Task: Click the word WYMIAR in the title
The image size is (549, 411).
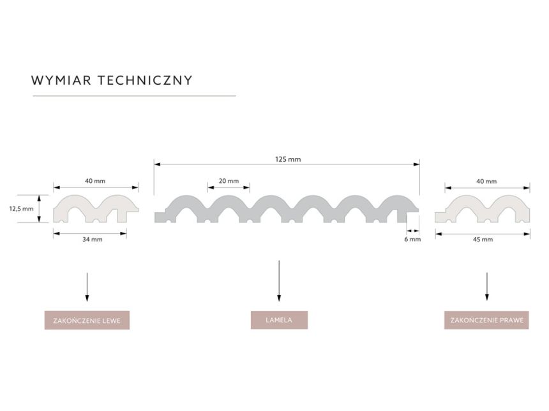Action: [61, 80]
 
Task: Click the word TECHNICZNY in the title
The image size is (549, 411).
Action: [145, 80]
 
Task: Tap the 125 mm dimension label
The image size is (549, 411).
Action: [288, 159]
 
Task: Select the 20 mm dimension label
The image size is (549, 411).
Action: [229, 181]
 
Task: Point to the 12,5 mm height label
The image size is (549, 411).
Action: [21, 209]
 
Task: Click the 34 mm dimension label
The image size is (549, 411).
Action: [93, 240]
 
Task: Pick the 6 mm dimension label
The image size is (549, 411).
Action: [412, 240]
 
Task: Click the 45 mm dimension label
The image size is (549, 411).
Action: [483, 240]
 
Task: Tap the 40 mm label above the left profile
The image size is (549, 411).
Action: [95, 181]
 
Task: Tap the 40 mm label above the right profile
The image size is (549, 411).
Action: [486, 182]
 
